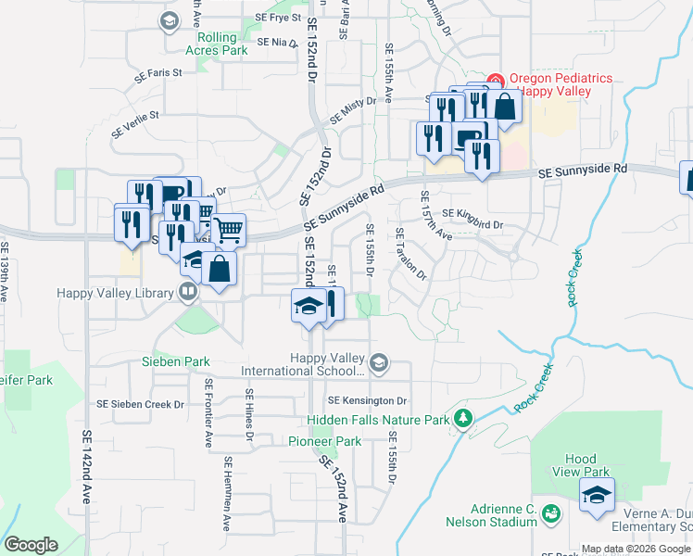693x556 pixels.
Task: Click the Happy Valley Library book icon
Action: click(x=189, y=293)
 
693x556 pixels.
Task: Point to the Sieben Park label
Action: click(x=175, y=361)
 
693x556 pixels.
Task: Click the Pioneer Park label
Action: click(x=324, y=442)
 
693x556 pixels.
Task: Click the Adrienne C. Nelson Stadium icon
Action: click(x=550, y=513)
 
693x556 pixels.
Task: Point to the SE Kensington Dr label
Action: click(x=367, y=400)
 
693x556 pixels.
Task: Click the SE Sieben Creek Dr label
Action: click(x=141, y=404)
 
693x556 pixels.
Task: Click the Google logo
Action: click(x=31, y=545)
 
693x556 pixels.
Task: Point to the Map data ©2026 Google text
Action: click(x=636, y=549)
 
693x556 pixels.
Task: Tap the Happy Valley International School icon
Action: click(x=378, y=361)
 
